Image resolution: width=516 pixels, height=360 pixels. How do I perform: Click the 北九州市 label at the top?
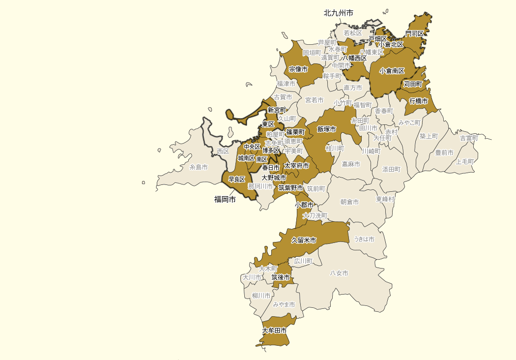[x=338, y=13]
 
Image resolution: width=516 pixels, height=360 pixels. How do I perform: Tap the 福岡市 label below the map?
[x=225, y=199]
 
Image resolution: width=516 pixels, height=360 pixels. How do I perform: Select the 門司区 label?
[x=414, y=33]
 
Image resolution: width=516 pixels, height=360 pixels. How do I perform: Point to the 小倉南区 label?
[x=392, y=71]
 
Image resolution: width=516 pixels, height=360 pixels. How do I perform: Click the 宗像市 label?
[x=298, y=69]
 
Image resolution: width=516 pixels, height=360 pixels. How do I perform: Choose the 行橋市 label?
[x=418, y=101]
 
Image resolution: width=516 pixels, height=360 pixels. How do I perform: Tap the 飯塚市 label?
[x=326, y=129]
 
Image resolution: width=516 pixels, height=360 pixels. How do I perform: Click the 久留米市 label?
[x=303, y=240]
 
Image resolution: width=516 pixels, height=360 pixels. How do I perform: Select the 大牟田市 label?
[x=274, y=331]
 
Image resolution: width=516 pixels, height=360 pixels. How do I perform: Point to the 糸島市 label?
[x=199, y=167]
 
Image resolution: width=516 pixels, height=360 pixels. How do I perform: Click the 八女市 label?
[x=339, y=273]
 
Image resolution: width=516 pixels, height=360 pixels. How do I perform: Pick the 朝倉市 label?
[x=349, y=202]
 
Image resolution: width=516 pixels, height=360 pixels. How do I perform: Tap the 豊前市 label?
[x=444, y=152]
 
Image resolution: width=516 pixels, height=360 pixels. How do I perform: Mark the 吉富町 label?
[x=469, y=138]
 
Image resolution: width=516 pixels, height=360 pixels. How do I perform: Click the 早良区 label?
[x=237, y=180]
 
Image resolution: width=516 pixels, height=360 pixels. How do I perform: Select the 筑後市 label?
[x=281, y=277]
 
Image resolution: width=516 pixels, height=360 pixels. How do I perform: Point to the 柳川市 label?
[x=261, y=296]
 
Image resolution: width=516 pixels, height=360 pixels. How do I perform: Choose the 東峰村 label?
[x=385, y=199]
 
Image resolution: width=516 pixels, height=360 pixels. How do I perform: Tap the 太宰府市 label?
[x=296, y=166]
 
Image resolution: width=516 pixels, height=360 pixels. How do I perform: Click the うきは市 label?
[x=364, y=239]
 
